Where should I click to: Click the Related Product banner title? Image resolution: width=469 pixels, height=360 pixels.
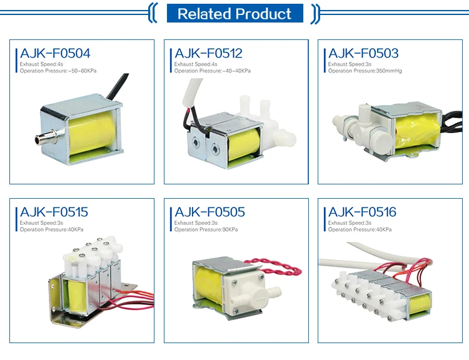[x=234, y=14]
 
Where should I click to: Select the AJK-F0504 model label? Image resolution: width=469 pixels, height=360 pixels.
[x=55, y=54]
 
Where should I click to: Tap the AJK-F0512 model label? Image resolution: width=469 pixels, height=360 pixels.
[x=209, y=54]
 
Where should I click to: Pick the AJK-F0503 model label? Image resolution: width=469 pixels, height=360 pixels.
[x=363, y=54]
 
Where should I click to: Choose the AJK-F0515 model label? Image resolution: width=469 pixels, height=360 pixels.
[x=54, y=212]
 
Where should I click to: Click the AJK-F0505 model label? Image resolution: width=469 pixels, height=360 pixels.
[x=209, y=212]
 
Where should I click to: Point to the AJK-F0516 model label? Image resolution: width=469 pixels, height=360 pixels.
[x=363, y=212]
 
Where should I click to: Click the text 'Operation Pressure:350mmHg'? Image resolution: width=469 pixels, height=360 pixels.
[x=365, y=71]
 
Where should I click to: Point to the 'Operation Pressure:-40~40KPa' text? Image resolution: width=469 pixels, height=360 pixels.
[x=213, y=71]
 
